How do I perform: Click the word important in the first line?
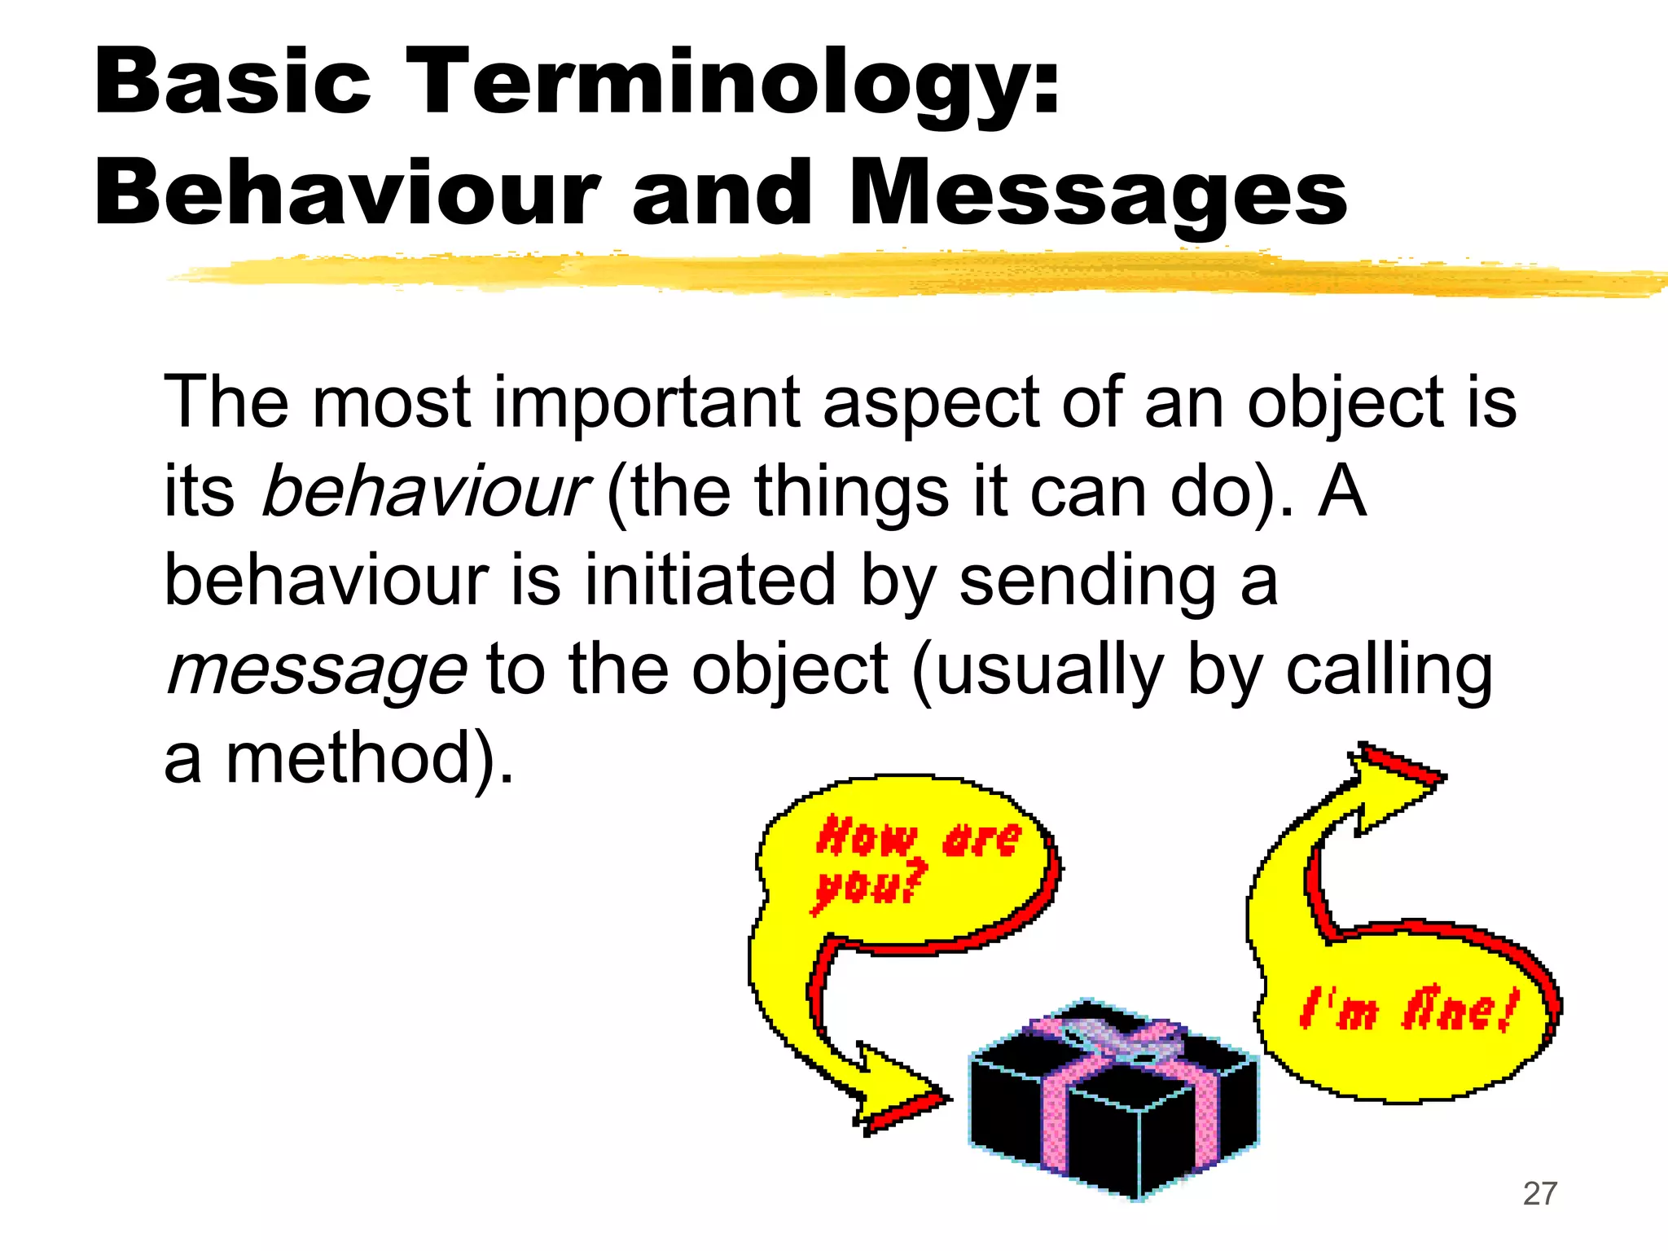[x=647, y=403]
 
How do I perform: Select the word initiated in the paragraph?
[x=709, y=580]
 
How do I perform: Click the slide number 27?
[x=1539, y=1194]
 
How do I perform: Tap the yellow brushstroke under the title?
[x=896, y=273]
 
